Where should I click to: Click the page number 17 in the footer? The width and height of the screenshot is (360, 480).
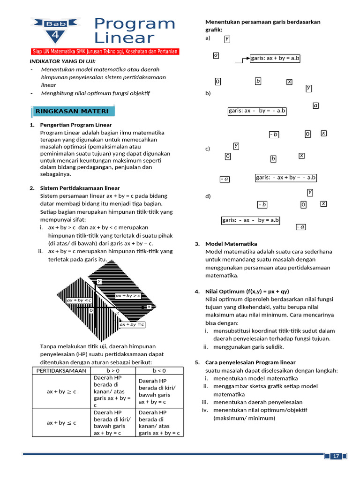pos(336,457)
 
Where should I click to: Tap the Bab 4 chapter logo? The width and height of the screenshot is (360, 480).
pos(56,29)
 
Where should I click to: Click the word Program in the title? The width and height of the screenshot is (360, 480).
pos(134,23)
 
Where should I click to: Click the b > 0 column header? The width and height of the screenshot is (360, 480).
pos(113,371)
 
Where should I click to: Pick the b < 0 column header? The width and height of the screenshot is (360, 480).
pos(159,371)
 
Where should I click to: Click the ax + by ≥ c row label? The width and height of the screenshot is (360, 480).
pos(61,391)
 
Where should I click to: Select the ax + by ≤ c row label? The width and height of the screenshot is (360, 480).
pos(61,423)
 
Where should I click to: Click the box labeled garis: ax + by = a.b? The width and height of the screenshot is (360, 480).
pos(275,59)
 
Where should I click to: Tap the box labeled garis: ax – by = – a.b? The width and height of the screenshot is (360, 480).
pos(257,111)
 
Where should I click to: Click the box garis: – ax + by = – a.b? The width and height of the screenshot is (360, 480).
pos(286,178)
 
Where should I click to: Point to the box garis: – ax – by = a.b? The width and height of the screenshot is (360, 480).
pos(251,220)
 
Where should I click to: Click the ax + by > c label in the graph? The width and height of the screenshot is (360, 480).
pos(128,296)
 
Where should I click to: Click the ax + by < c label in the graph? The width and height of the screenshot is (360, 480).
pos(79,300)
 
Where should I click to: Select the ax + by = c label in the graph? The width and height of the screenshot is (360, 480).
pos(132,324)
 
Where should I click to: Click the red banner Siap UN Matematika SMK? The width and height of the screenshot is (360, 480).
pos(105,52)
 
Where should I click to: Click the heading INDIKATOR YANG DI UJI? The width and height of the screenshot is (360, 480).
pos(62,61)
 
